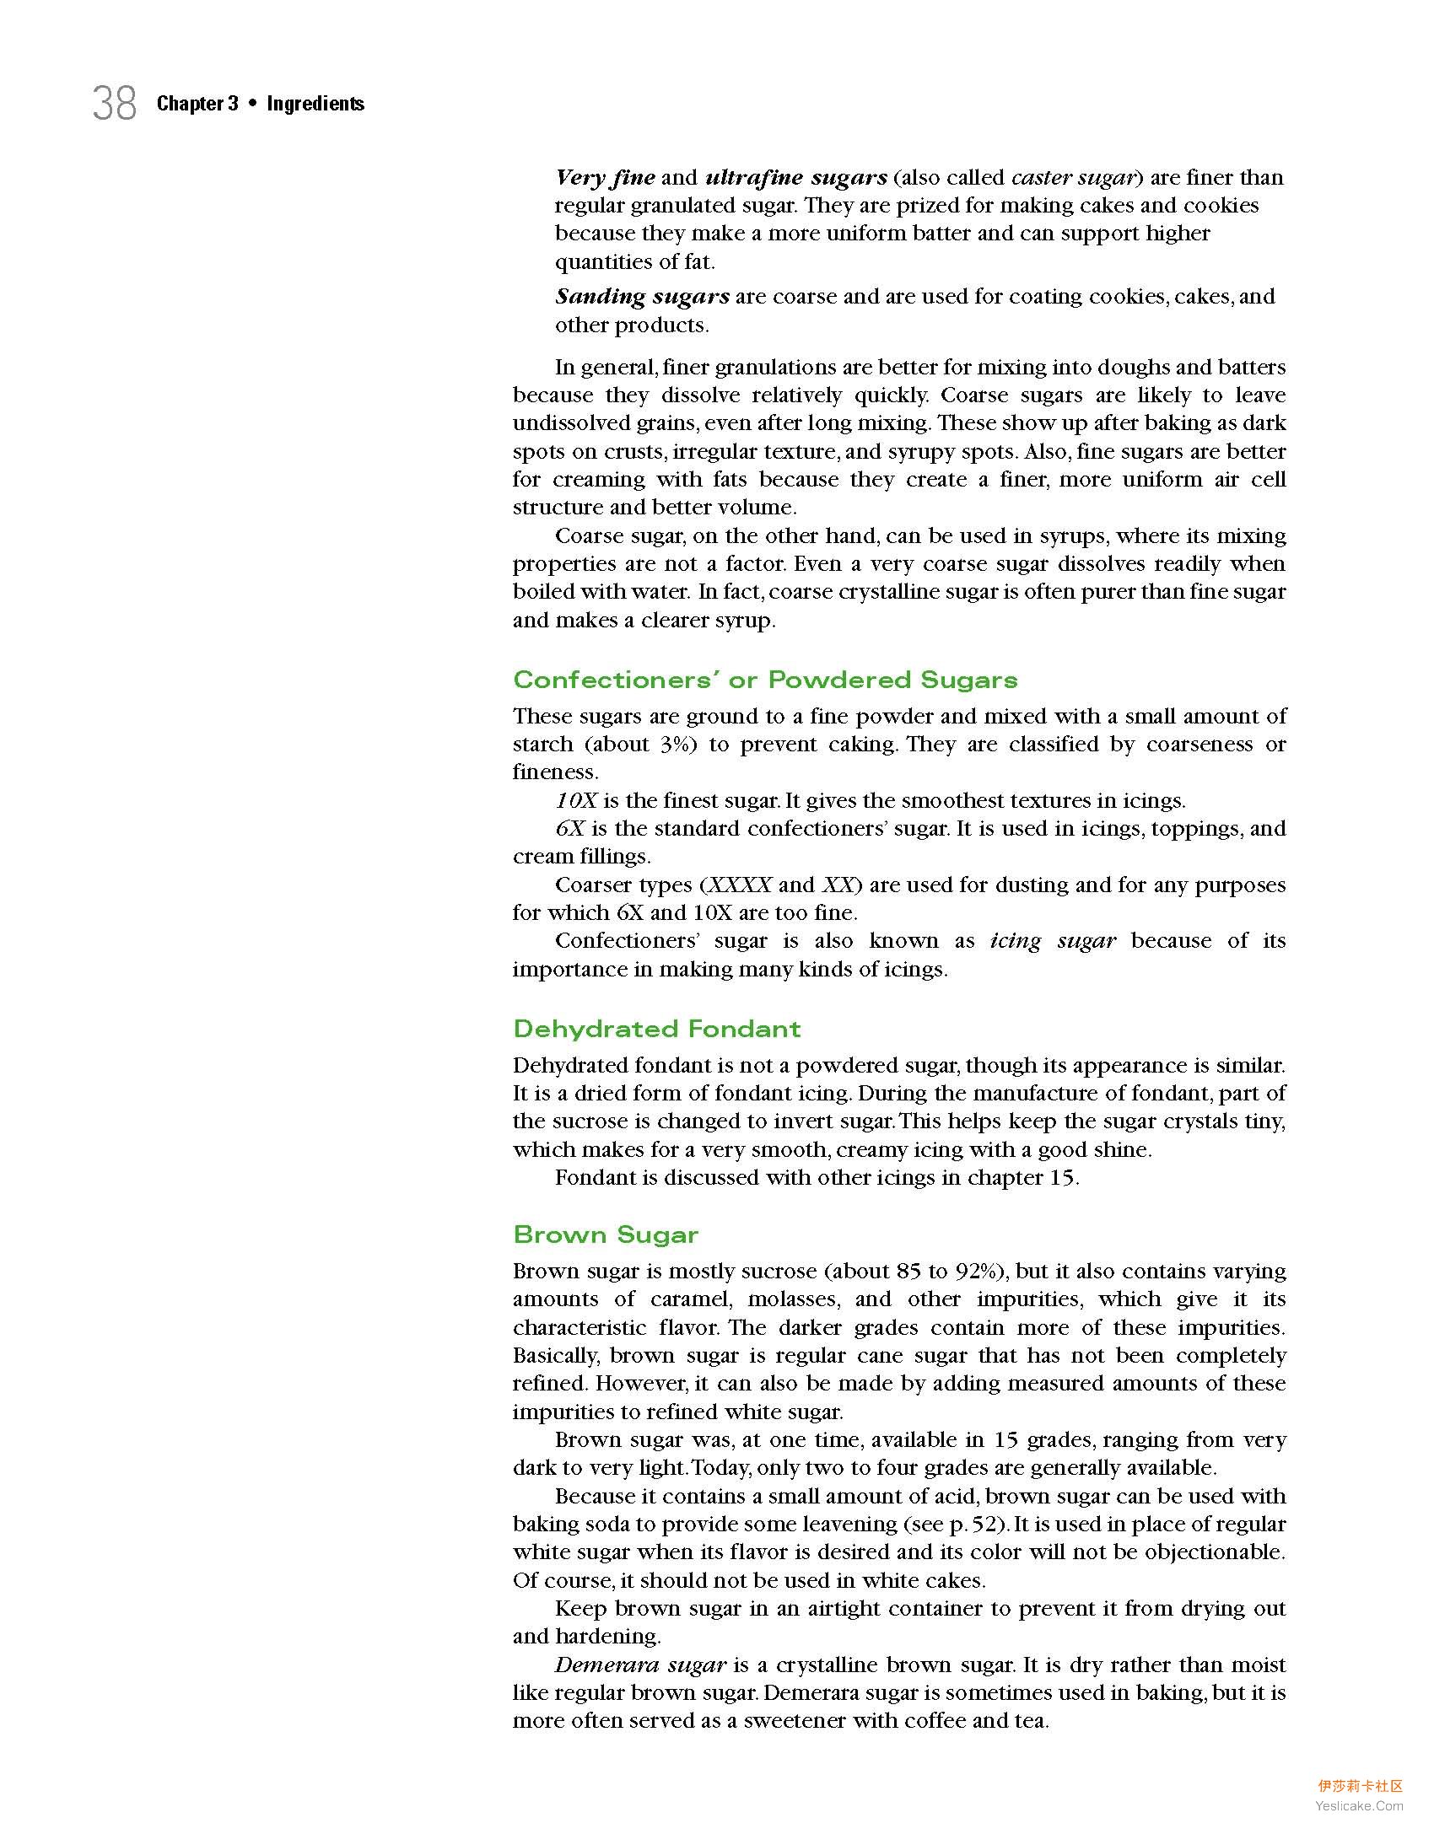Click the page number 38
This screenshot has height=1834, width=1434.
(x=114, y=104)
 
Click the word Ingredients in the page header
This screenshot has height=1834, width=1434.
(x=315, y=104)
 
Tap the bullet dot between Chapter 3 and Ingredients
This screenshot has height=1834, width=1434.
(x=252, y=104)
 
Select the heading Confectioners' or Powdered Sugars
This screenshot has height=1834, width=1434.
(x=765, y=680)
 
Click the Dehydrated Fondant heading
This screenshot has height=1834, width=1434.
(x=656, y=1029)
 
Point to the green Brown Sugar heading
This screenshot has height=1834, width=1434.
(x=606, y=1234)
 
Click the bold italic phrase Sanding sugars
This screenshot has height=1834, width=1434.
(x=642, y=296)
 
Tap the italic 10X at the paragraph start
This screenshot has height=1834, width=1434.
(x=575, y=799)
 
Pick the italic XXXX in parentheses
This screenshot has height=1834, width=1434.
(x=740, y=885)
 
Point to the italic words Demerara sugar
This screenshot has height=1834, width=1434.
(x=640, y=1665)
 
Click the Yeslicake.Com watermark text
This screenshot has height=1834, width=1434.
(x=1359, y=1805)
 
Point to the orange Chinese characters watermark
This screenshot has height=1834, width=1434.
(x=1360, y=1786)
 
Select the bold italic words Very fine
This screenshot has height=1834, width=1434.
(x=605, y=177)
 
